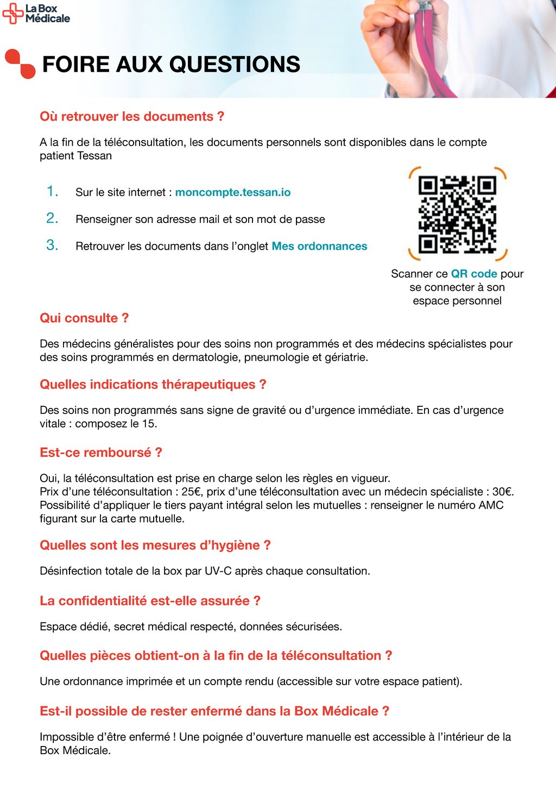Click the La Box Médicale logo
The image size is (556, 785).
coord(36,13)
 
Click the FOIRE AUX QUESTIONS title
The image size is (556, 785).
coord(171,65)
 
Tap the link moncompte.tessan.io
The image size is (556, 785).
coord(232,193)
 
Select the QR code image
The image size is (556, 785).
coord(457,214)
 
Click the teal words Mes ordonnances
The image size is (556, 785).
coord(319,246)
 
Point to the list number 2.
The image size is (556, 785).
coord(52,218)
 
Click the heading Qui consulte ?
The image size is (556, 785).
coord(84,318)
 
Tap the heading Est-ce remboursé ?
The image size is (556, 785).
coord(101,452)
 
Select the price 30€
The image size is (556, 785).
coord(502,492)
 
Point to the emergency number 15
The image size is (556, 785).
coord(148,424)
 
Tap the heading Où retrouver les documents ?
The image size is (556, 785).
coord(132,117)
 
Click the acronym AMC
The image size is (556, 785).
coord(491,506)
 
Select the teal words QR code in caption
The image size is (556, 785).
coord(474,274)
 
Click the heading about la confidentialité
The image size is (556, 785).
coord(150,601)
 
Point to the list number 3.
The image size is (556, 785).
coord(52,245)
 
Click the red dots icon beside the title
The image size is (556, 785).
coord(20,63)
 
